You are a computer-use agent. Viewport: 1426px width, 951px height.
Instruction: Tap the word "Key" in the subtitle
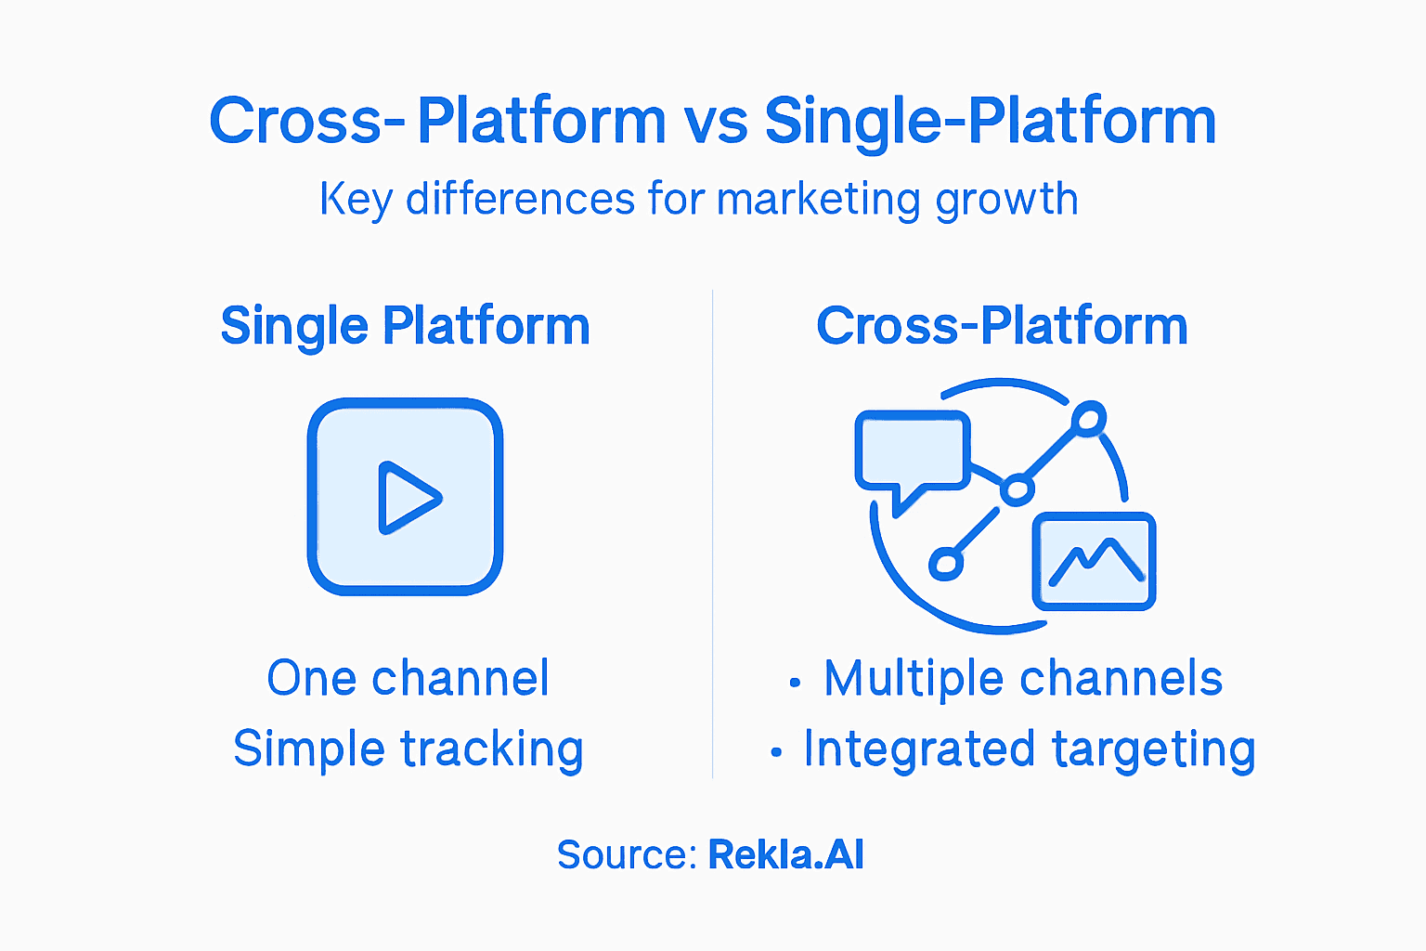356,200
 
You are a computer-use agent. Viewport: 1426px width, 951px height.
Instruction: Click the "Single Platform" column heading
405,326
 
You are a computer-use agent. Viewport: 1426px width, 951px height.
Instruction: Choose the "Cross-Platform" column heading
1002,326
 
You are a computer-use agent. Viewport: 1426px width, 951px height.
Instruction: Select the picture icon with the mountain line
1094,561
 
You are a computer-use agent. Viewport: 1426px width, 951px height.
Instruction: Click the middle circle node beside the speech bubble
1017,489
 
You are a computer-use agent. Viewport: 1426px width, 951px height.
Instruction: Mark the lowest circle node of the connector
945,563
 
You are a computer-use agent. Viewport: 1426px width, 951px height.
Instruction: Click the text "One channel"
408,678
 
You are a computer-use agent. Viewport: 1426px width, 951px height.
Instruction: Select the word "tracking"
491,749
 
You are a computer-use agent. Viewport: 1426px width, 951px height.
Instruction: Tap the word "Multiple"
914,678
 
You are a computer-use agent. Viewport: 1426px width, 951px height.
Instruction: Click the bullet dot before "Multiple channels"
794,684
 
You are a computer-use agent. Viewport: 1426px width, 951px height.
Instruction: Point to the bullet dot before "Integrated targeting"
775,753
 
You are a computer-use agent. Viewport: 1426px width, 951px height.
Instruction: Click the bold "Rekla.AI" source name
785,854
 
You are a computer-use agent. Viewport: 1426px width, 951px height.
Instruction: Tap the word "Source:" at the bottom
627,854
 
